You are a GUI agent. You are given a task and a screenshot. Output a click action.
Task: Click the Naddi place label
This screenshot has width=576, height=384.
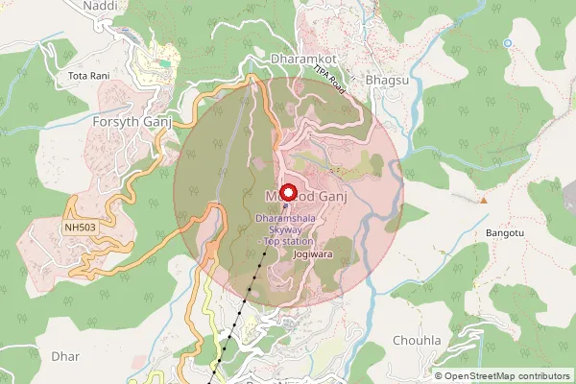click(100, 5)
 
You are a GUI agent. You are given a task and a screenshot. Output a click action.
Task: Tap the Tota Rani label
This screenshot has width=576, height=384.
click(88, 74)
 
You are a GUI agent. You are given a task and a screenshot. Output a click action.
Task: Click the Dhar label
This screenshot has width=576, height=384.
click(65, 356)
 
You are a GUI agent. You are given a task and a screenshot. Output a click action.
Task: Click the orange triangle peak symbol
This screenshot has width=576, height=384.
click(485, 200)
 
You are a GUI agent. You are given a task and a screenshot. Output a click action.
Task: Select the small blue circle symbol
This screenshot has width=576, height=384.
click(507, 42)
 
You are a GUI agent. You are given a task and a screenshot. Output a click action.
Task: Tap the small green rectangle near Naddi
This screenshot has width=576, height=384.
click(164, 63)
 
